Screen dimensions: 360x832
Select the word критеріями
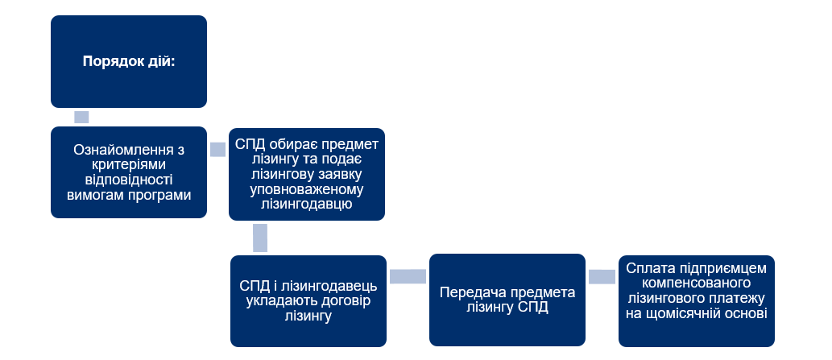tap(128, 165)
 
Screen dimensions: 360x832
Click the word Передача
tap(470, 293)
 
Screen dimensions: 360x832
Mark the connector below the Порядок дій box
tap(81, 117)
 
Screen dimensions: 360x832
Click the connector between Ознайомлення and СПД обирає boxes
tap(217, 149)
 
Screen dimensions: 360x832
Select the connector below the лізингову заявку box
tap(259, 238)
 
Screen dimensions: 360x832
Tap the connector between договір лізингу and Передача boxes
tap(408, 276)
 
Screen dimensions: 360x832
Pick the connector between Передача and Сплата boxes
tap(602, 276)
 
